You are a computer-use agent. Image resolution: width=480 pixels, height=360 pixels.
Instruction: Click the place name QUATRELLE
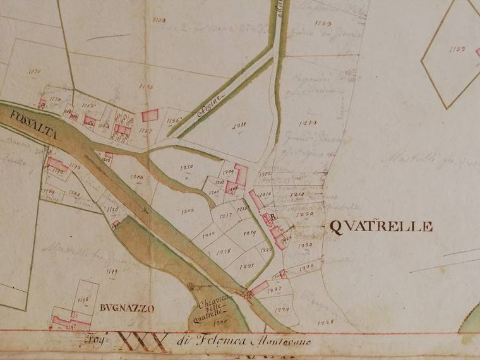click(x=381, y=227)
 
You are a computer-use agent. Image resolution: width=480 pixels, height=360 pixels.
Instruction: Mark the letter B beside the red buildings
click(x=272, y=218)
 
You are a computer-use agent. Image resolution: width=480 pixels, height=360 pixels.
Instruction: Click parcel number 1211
click(x=239, y=126)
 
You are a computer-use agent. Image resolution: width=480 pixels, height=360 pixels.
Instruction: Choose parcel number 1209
click(x=186, y=209)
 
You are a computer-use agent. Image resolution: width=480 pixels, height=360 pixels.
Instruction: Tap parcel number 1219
click(x=249, y=233)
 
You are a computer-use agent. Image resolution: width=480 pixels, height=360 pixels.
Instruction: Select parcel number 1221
click(x=246, y=267)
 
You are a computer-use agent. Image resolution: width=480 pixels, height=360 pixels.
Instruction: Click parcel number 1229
click(x=282, y=309)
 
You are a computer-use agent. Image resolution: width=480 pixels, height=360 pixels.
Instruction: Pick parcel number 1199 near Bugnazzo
click(x=112, y=272)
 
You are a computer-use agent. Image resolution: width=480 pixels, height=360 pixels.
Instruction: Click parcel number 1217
click(x=225, y=216)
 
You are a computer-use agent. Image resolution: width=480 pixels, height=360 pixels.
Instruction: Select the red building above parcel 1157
click(x=150, y=115)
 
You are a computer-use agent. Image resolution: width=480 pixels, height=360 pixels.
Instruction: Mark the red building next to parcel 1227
click(x=258, y=287)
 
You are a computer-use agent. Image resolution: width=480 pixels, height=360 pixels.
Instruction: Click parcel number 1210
click(x=186, y=167)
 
